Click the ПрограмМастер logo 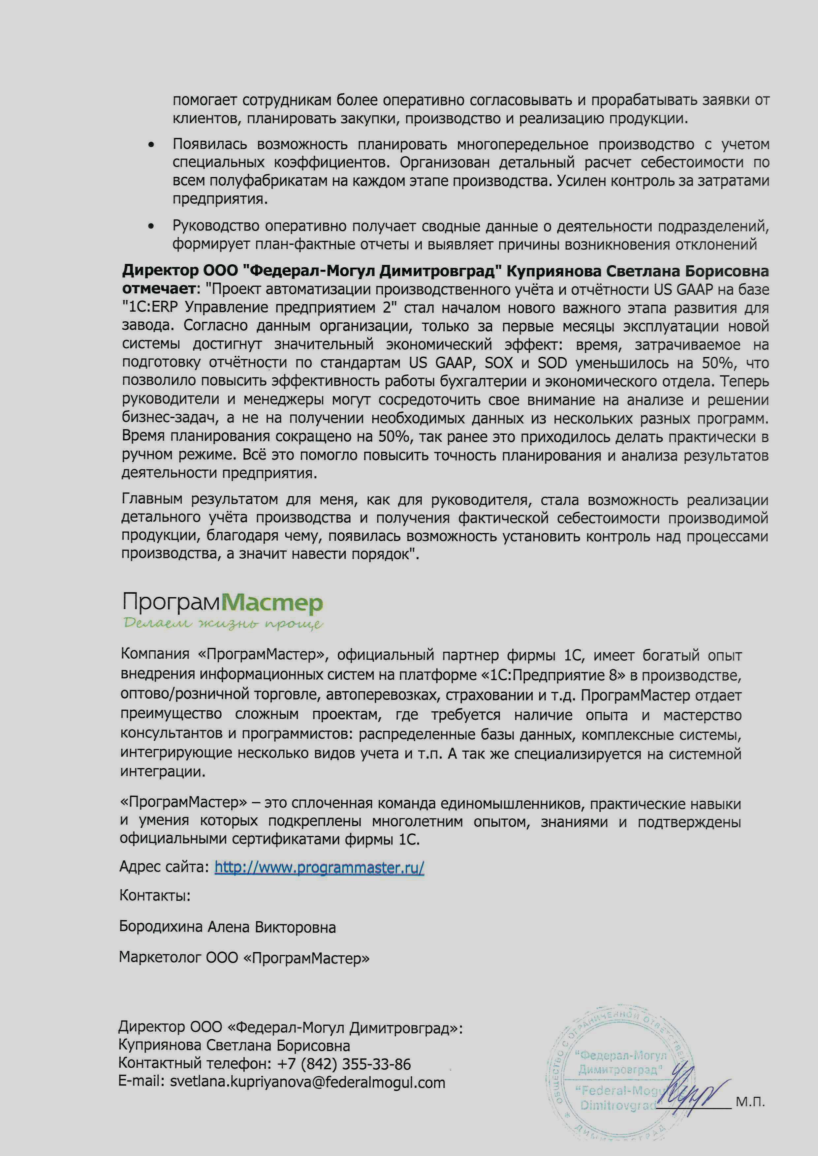[222, 603]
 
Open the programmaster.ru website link [319, 868]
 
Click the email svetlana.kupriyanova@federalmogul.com [307, 1082]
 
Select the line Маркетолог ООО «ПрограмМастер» [244, 957]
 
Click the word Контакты [155, 896]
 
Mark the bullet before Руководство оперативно [151, 227]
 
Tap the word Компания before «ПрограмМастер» [155, 655]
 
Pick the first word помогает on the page [205, 101]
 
